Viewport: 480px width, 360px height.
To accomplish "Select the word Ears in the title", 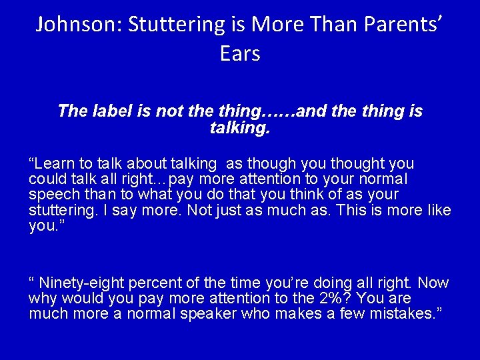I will tap(239, 54).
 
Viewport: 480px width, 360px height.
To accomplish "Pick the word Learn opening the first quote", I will tap(55, 164).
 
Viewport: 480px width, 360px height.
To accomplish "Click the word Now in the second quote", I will tap(434, 283).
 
